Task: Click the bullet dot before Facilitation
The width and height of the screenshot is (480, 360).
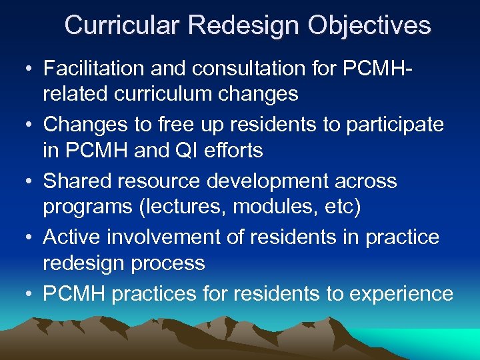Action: pyautogui.click(x=25, y=69)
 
